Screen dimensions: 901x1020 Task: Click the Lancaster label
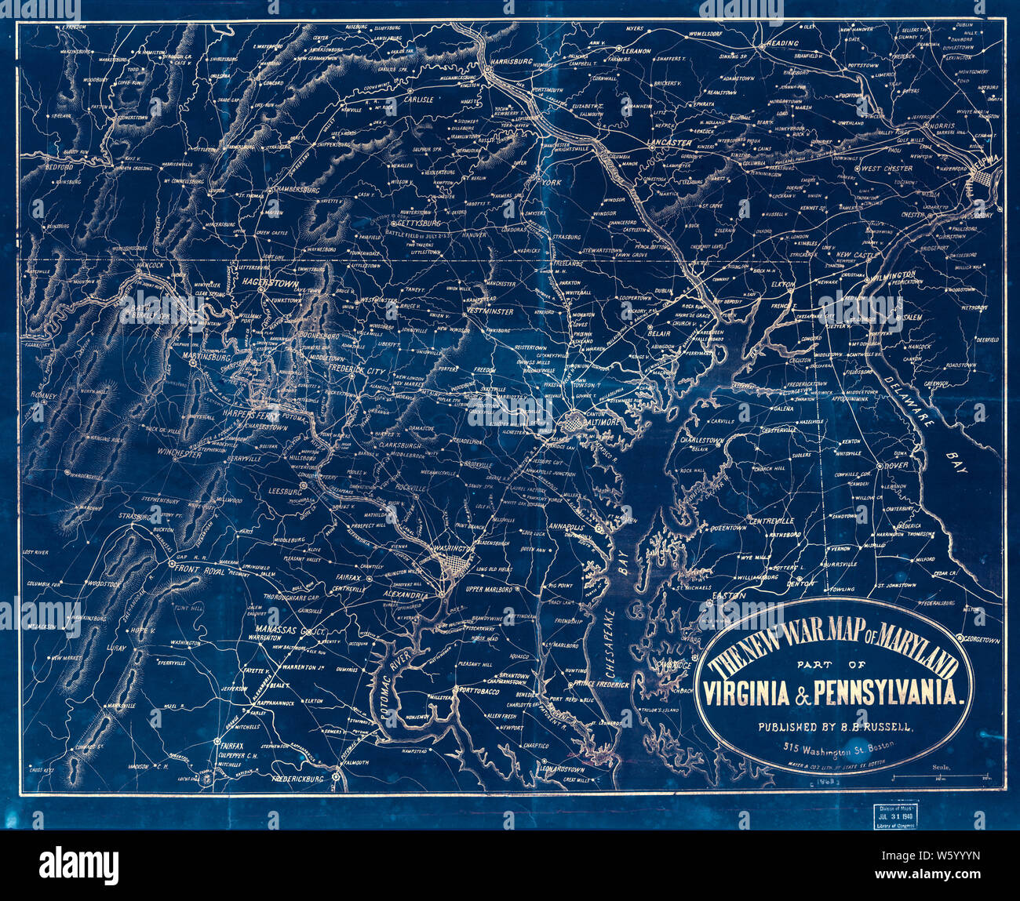pos(669,143)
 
